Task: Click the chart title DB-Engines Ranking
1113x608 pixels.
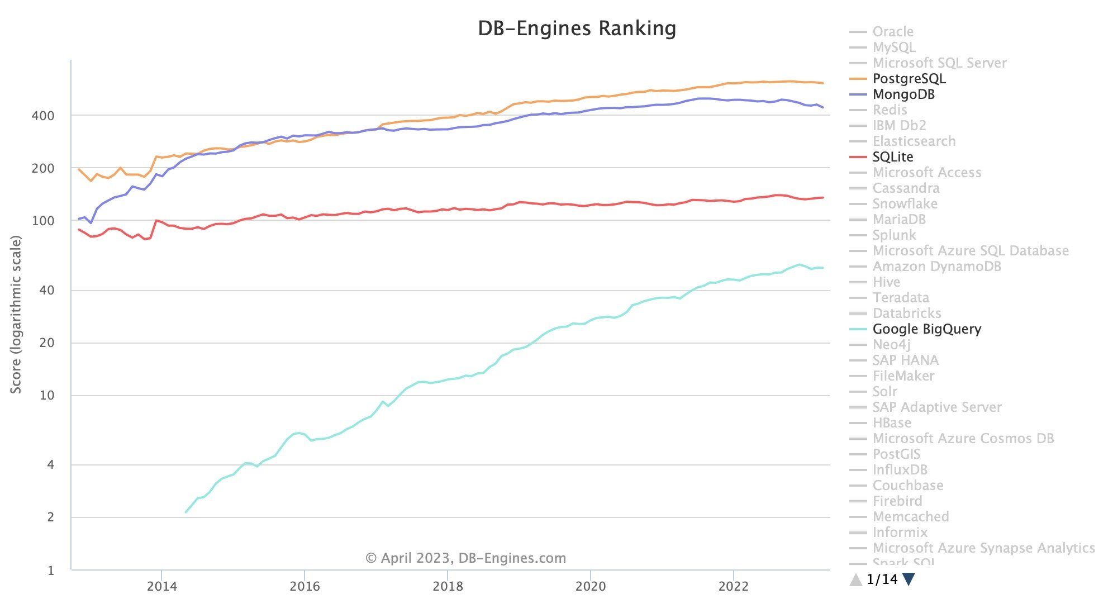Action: point(577,28)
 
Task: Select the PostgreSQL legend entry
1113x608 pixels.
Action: point(909,79)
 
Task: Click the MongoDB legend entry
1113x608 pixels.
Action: point(903,94)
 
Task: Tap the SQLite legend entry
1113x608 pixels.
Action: point(892,157)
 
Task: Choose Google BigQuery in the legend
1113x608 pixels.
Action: point(926,329)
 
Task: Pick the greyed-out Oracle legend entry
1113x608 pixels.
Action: point(892,32)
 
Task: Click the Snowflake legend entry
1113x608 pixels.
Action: point(905,204)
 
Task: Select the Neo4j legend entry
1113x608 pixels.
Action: point(891,345)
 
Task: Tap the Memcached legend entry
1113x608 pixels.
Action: point(910,517)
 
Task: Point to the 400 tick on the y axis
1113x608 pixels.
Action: point(43,116)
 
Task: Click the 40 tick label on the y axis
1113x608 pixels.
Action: point(46,290)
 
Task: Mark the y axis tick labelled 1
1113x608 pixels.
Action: point(51,571)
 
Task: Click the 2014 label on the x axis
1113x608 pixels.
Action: point(161,586)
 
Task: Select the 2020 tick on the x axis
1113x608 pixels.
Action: point(591,586)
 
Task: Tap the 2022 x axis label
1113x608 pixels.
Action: point(733,586)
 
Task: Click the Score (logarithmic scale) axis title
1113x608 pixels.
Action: point(16,314)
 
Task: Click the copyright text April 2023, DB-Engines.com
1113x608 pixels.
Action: point(465,558)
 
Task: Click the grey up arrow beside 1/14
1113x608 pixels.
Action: point(855,580)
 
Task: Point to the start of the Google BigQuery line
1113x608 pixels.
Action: point(186,512)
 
